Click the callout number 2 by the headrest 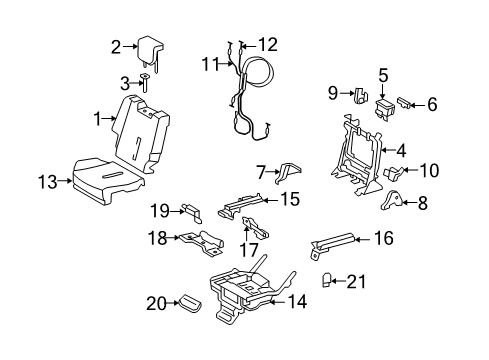coord(116,46)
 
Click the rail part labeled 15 coord(245,204)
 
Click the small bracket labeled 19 coord(190,210)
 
